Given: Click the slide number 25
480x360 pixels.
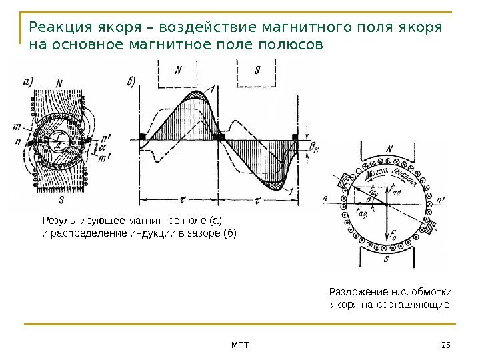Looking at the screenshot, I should [x=446, y=343].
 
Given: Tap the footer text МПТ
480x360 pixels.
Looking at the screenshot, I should [x=239, y=343].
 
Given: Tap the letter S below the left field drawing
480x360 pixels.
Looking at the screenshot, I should [x=61, y=199].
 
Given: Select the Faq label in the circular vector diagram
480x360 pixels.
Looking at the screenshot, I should [x=363, y=213].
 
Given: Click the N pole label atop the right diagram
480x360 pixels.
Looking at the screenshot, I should [x=390, y=149].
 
